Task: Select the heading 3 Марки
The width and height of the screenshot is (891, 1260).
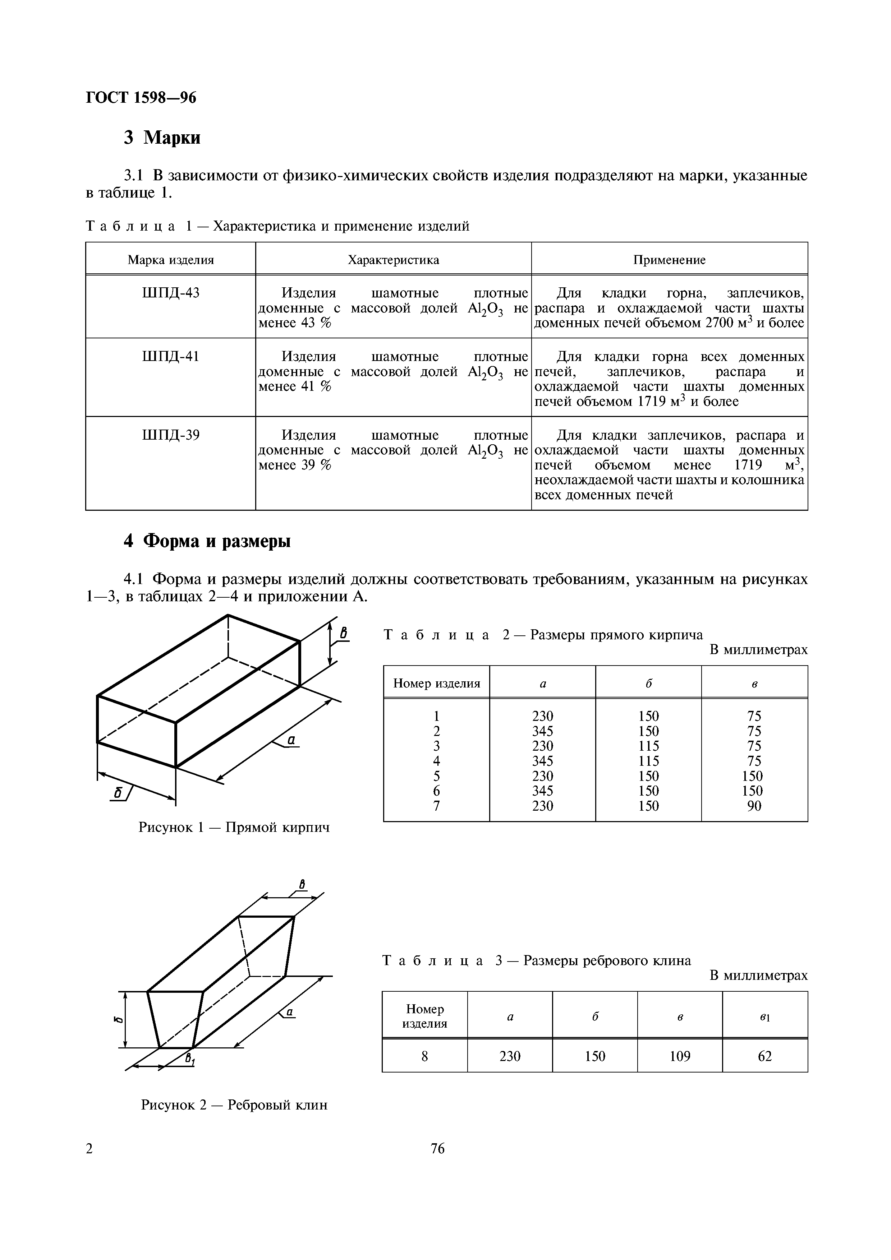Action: (x=162, y=137)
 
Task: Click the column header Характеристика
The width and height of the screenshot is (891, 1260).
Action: (x=393, y=260)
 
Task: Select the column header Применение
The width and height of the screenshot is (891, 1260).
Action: (x=669, y=260)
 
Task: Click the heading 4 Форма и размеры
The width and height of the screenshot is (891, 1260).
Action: (x=207, y=541)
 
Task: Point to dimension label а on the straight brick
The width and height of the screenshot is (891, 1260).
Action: (x=291, y=740)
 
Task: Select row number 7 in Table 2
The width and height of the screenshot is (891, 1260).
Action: (x=436, y=806)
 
